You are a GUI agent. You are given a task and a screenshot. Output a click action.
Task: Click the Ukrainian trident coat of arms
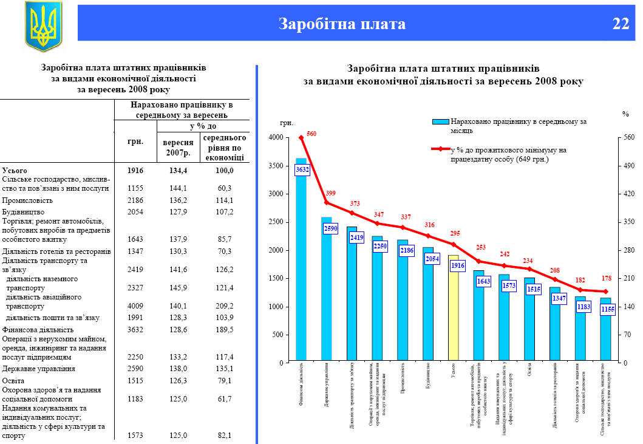(43, 25)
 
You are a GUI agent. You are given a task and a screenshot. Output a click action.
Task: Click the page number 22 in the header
(621, 24)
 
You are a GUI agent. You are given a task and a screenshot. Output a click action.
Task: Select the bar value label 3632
(302, 170)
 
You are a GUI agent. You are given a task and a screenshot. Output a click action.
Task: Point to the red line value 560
(311, 133)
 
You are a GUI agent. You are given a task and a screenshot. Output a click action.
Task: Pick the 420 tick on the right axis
(629, 194)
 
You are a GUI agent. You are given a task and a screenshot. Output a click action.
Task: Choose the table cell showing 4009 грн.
(135, 306)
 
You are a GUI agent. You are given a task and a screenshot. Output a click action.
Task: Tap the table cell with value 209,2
(225, 306)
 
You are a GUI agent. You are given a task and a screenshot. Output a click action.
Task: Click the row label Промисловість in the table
(28, 200)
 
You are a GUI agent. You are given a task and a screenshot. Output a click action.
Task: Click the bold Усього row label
(15, 171)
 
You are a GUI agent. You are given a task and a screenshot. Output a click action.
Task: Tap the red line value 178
(606, 279)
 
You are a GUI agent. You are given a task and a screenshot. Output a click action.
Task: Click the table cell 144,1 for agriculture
(180, 188)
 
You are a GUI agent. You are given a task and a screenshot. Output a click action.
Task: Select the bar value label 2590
(331, 228)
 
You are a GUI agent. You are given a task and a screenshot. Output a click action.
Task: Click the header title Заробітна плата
(342, 24)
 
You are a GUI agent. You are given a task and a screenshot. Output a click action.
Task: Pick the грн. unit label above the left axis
(287, 123)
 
